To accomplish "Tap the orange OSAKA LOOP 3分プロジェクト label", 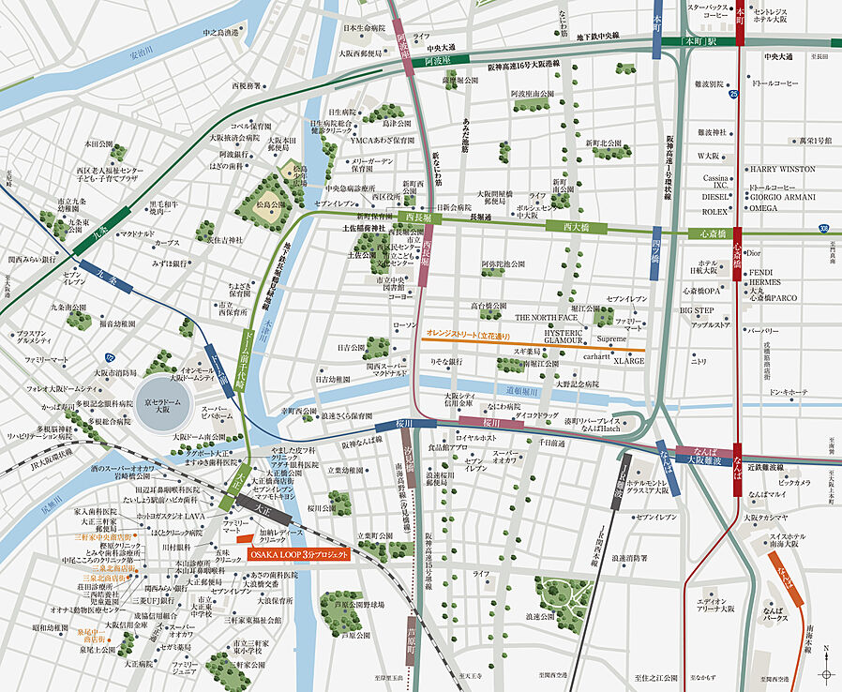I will coord(298,555).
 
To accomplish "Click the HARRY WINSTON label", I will coord(782,170).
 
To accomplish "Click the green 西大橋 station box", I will coord(574,227).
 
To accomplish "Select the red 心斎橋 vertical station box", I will coord(739,253).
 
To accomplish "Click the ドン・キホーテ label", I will coord(788,391).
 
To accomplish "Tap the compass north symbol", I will coord(825,672).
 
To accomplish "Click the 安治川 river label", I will coord(141,53).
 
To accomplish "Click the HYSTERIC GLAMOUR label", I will coord(564,337).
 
